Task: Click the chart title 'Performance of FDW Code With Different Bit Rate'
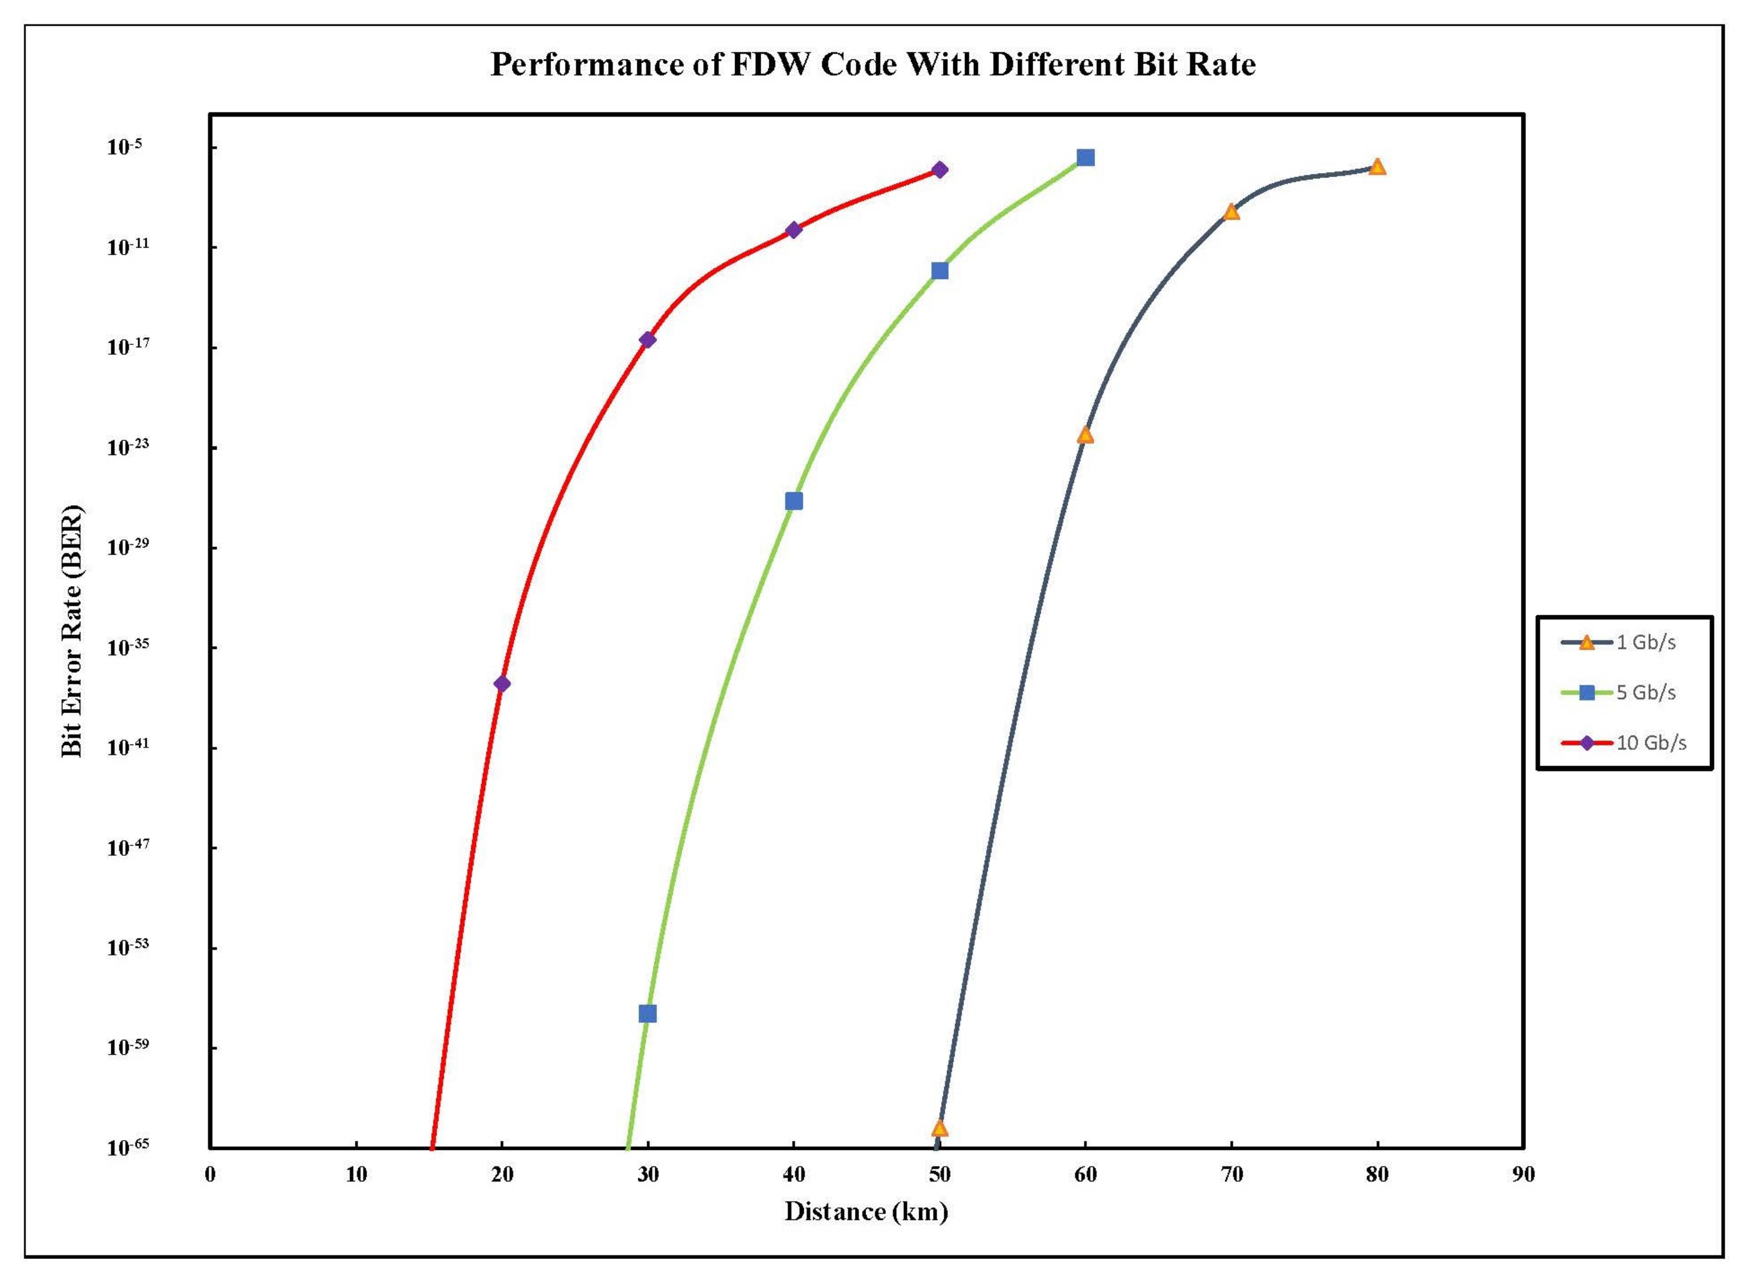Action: point(873,65)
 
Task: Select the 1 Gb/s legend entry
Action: point(1645,643)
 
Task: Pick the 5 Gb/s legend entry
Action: point(1645,693)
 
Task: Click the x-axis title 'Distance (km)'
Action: point(866,1211)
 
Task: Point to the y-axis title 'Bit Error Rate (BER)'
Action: point(72,631)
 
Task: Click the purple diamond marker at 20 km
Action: point(502,683)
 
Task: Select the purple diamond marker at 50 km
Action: point(939,170)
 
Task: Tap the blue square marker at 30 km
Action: point(647,1014)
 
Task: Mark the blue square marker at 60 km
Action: point(1085,158)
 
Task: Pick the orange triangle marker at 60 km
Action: point(1085,435)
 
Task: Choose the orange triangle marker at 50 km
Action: point(939,1128)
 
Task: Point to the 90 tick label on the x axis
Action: point(1523,1174)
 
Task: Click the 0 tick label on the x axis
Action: point(210,1174)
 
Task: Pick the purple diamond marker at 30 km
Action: point(647,339)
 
